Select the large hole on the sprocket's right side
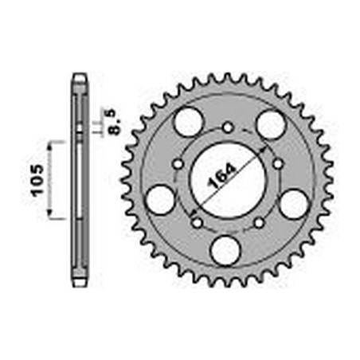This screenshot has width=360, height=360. (295, 203)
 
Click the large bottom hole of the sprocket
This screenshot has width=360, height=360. (228, 250)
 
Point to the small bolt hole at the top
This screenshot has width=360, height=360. (229, 127)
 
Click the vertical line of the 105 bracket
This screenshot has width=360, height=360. (51, 180)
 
